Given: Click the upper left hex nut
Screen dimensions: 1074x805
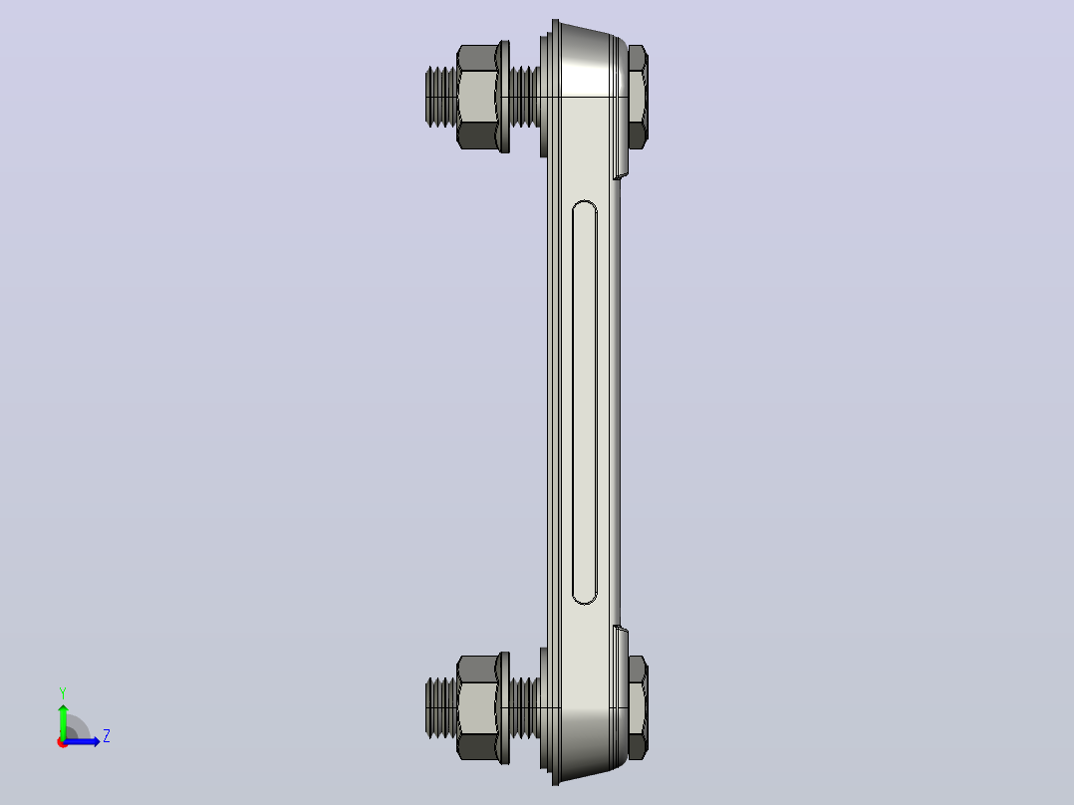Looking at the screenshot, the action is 477,97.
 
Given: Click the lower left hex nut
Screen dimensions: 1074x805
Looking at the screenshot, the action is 477,707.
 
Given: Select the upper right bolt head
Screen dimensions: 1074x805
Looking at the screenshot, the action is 638,97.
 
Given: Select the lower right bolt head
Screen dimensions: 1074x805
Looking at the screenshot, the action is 638,707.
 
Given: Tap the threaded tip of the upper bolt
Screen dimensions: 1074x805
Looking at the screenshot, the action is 440,97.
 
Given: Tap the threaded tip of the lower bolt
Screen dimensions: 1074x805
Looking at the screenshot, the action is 440,707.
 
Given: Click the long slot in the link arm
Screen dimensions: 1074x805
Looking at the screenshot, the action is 585,402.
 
